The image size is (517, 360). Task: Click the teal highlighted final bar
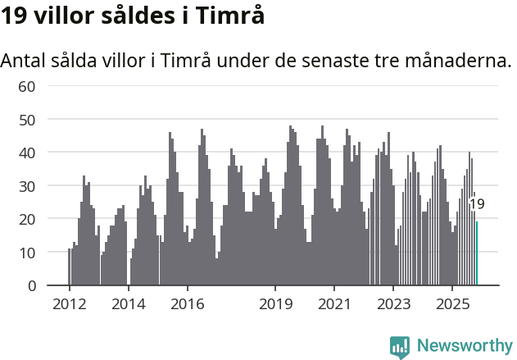tap(477, 254)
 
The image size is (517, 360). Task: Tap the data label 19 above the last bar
tap(477, 204)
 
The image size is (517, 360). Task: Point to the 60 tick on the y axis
tap(27, 86)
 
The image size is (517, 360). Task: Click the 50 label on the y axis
tap(27, 120)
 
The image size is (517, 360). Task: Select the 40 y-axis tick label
tap(27, 153)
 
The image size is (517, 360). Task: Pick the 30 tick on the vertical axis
tap(27, 186)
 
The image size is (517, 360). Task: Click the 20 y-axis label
tap(27, 219)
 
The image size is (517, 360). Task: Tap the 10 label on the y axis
tap(27, 253)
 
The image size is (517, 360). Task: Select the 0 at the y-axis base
tap(32, 286)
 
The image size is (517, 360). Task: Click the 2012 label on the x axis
tap(69, 303)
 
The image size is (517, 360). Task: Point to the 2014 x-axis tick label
tap(128, 303)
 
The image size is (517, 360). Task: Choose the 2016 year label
tap(188, 303)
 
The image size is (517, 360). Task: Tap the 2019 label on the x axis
tap(276, 303)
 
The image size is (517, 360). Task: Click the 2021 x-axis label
tap(334, 303)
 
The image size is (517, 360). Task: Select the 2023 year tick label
tap(393, 303)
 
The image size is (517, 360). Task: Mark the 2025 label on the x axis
tap(452, 303)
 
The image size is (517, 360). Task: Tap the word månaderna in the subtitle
tap(454, 61)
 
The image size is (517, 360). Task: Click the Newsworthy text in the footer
tap(464, 345)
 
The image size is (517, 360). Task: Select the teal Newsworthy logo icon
tap(400, 346)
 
